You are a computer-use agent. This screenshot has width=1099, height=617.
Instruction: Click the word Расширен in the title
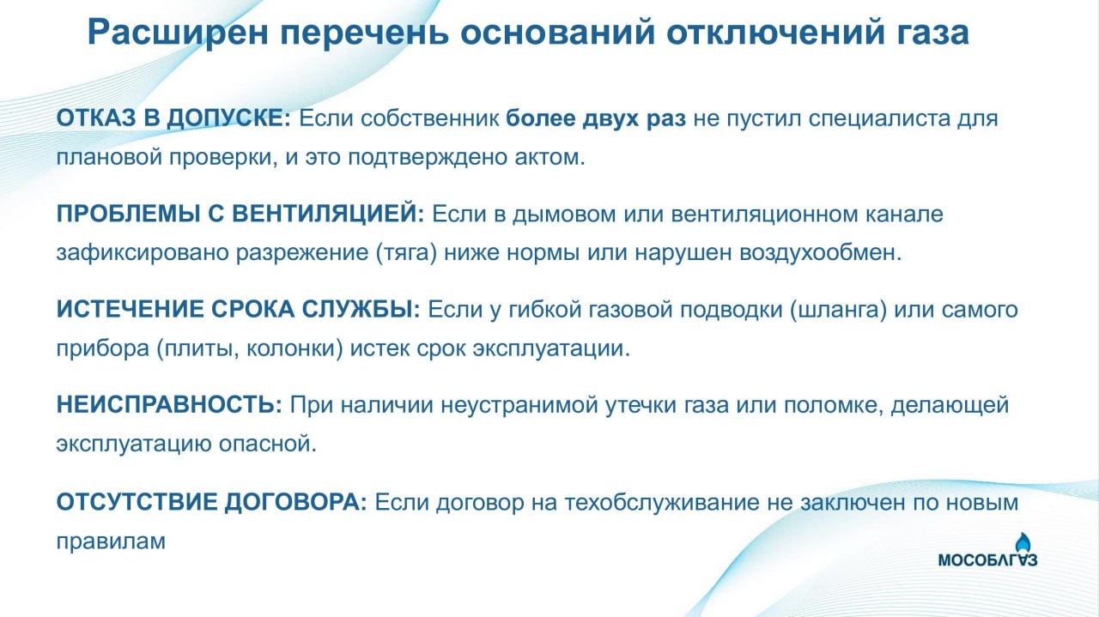point(178,33)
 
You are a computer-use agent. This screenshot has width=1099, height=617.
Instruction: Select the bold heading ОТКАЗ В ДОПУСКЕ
point(173,118)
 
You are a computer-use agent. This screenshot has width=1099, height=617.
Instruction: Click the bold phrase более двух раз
point(596,118)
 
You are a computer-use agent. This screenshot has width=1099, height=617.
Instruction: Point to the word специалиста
point(880,118)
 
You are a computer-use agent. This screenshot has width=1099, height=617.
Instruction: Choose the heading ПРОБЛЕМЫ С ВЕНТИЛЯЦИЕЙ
point(240,215)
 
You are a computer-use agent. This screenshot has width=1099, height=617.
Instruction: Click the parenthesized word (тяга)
point(406,253)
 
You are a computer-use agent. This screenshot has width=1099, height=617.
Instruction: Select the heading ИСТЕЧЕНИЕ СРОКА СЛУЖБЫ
point(239,310)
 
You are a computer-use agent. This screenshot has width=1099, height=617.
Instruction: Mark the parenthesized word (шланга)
point(839,310)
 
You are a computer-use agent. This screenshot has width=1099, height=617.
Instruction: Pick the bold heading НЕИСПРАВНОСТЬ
point(169,405)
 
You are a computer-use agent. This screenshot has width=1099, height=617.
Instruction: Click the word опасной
point(268,445)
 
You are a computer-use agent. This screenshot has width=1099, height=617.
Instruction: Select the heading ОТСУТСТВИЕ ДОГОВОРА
point(211,502)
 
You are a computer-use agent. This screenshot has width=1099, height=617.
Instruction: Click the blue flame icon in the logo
point(1023,543)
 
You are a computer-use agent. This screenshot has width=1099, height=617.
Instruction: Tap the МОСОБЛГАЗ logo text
point(987,560)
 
